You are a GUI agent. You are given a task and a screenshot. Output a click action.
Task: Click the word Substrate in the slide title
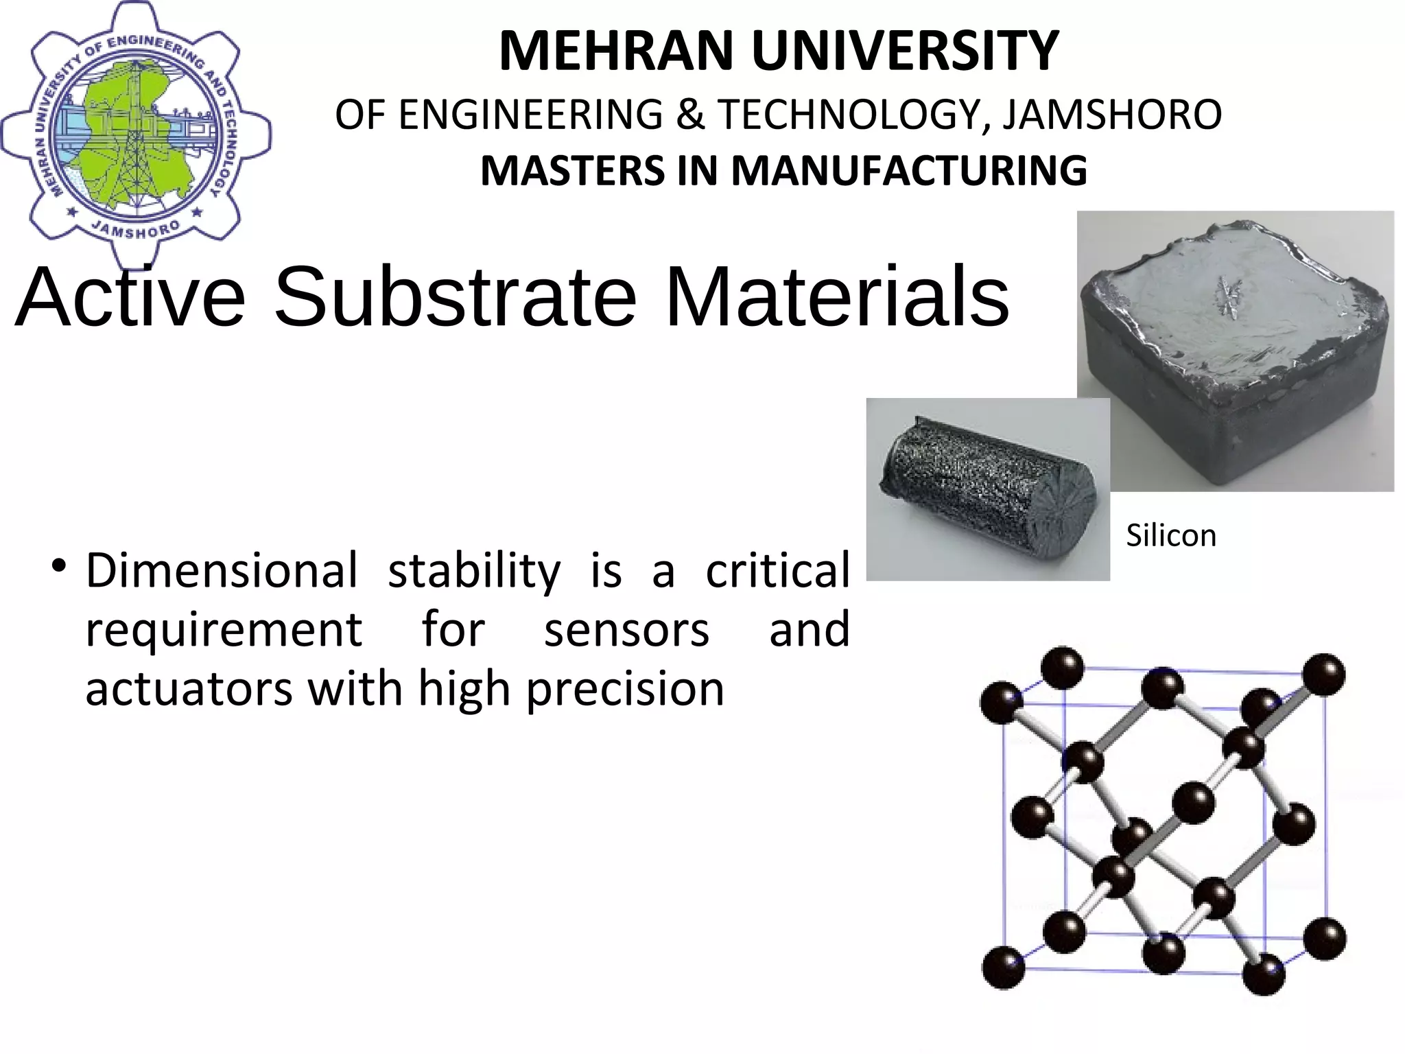455,297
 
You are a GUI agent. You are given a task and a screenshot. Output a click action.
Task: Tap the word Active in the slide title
130,297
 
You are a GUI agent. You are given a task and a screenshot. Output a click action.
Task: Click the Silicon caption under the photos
1170,536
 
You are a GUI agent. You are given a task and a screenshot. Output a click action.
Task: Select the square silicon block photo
1235,350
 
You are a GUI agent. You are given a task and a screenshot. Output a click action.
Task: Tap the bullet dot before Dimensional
58,567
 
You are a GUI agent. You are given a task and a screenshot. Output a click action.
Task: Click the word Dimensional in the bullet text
221,570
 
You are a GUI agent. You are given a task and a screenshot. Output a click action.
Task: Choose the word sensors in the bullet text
626,630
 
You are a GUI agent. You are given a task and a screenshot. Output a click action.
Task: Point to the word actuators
188,689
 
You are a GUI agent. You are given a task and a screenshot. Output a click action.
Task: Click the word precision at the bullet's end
625,689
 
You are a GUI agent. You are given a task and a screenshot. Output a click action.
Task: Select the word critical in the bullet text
778,570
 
